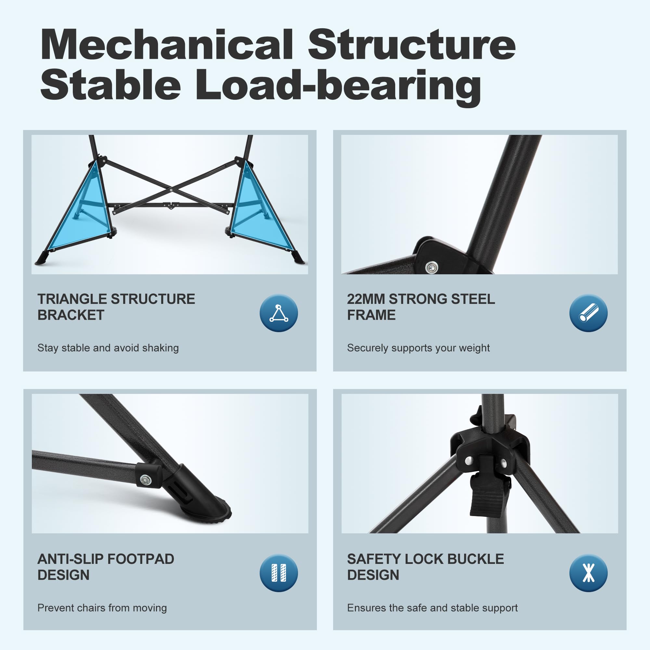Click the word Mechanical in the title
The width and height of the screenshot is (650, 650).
pyautogui.click(x=167, y=45)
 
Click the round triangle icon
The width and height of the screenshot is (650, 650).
pyautogui.click(x=279, y=313)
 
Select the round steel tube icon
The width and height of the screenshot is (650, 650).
pyautogui.click(x=589, y=313)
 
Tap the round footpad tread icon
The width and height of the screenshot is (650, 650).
pyautogui.click(x=279, y=573)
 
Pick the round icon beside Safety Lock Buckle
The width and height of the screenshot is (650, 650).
pyautogui.click(x=589, y=573)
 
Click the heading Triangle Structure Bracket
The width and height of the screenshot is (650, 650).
pyautogui.click(x=116, y=307)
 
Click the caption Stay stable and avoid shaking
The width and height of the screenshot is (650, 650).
pyautogui.click(x=108, y=348)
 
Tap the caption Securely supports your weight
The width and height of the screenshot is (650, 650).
pyautogui.click(x=418, y=348)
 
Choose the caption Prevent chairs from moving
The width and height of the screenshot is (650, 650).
pyautogui.click(x=102, y=608)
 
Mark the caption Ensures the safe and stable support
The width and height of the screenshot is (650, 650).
pyautogui.click(x=432, y=608)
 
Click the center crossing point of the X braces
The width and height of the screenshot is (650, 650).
pyautogui.click(x=171, y=190)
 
